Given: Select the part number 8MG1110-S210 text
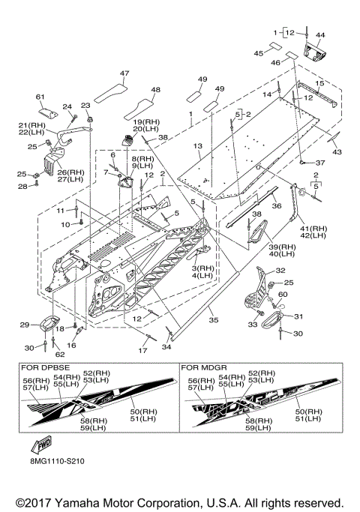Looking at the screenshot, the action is tap(57, 461).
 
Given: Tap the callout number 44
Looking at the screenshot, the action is tap(320, 34).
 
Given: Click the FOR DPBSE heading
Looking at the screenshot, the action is tap(46, 367).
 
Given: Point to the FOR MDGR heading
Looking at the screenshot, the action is tap(204, 367).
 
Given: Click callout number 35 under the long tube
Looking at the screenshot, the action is tap(213, 320).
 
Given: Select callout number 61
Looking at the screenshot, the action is tap(40, 97).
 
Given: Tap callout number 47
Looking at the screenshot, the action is tap(124, 73).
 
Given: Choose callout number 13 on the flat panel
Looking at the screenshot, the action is tap(198, 145).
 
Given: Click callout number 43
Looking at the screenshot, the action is tap(337, 151).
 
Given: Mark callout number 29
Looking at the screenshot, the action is tap(25, 325).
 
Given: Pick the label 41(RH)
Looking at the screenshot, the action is tap(313, 229).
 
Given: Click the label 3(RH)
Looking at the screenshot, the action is tap(202, 268).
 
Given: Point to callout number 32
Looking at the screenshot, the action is tap(280, 271).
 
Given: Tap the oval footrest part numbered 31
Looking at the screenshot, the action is tap(274, 318).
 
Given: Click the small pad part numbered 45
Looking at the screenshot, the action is tap(275, 46).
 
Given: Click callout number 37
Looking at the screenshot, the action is tap(320, 163).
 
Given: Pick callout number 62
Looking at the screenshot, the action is tap(60, 354).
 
